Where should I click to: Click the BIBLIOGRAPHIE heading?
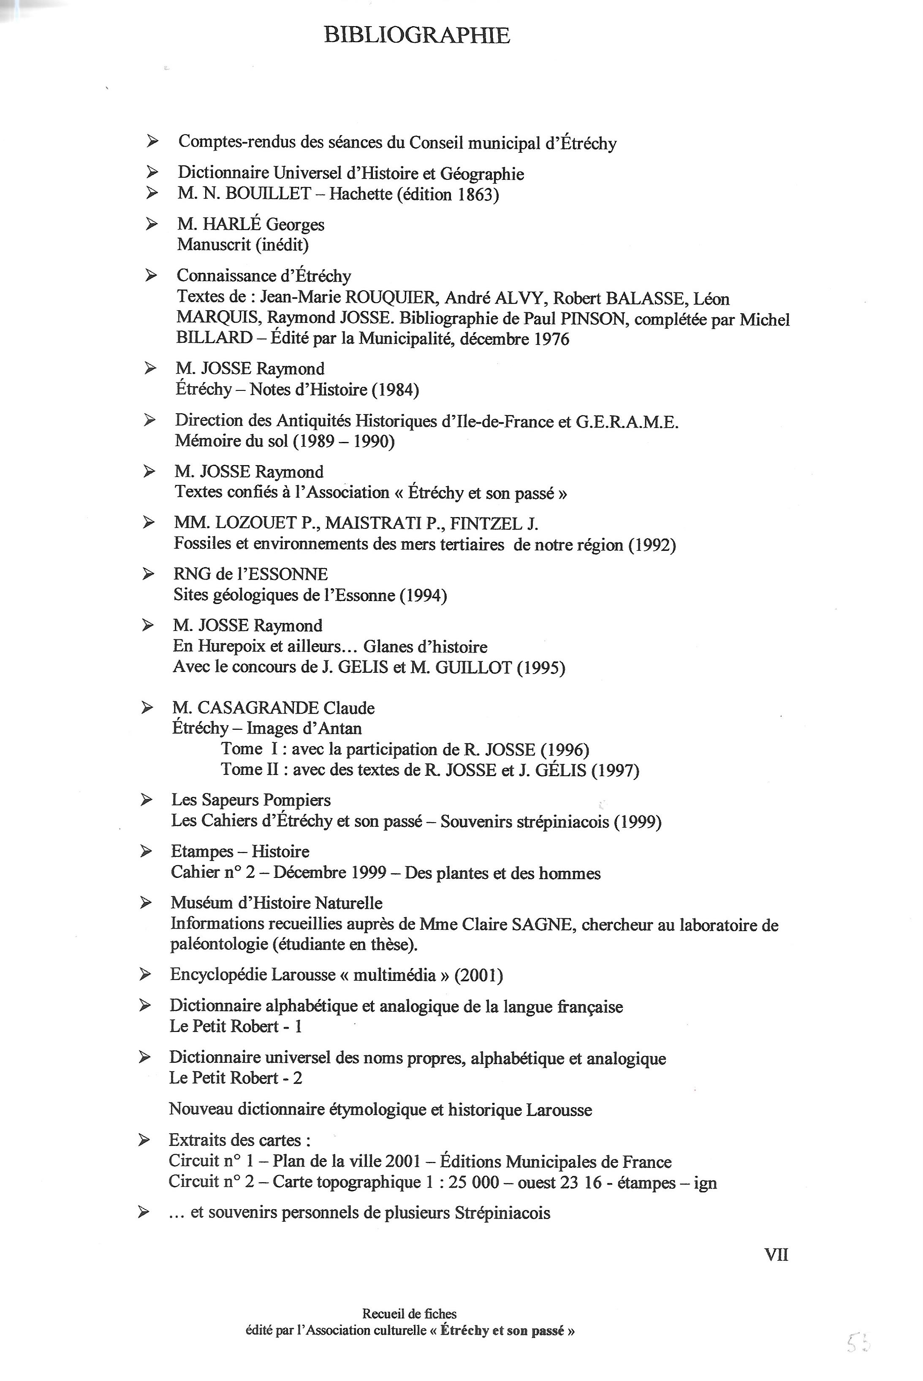click(417, 36)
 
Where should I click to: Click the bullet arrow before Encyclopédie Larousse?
click(145, 975)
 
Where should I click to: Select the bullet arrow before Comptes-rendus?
click(152, 141)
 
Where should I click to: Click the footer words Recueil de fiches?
click(409, 1313)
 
